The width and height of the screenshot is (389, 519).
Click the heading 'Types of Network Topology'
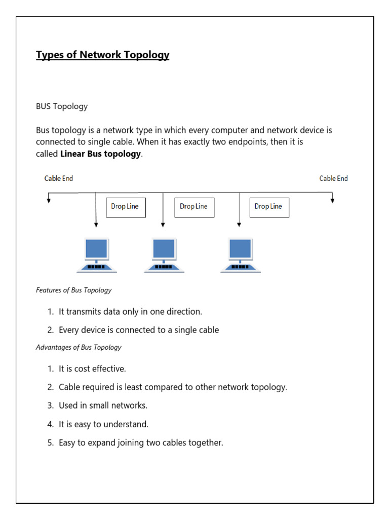pos(102,55)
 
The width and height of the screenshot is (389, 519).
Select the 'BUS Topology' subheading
pos(62,106)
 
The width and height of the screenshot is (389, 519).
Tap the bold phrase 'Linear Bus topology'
pos(100,154)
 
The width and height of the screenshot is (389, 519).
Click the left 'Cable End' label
pos(59,178)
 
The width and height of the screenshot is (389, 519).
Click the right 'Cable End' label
pos(333,178)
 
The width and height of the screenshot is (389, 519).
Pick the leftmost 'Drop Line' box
pos(126,207)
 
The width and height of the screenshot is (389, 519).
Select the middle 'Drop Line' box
pos(194,207)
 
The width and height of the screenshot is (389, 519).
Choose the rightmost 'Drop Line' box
pos(269,207)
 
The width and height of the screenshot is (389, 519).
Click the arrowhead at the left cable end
pos(49,200)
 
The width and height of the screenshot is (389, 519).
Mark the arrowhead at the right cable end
pos(333,200)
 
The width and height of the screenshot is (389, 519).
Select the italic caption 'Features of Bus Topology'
pos(73,290)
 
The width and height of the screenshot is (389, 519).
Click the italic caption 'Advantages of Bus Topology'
pos(79,347)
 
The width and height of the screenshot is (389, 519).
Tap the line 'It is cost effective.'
pos(92,368)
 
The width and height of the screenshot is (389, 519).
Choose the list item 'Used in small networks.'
pos(103,405)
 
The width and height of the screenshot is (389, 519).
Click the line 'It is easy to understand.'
pos(103,424)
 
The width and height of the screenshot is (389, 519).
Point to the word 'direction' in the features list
pos(184,311)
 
